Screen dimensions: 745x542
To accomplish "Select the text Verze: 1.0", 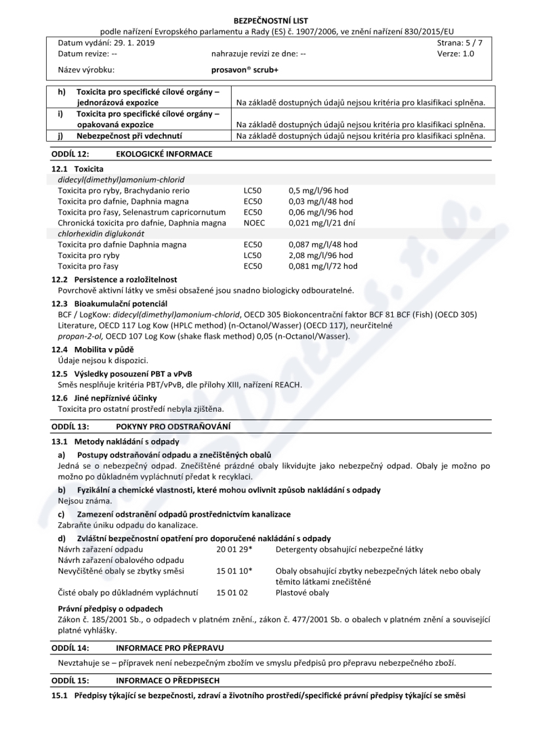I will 456,54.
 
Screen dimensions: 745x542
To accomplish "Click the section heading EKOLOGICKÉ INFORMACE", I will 165,154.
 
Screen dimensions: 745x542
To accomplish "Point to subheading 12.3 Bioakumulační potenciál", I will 110,303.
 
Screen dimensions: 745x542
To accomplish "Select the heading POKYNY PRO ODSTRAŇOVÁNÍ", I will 173,426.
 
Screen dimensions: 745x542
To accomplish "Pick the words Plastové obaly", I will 302,593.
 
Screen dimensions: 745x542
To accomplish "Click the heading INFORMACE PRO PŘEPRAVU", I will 170,648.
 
